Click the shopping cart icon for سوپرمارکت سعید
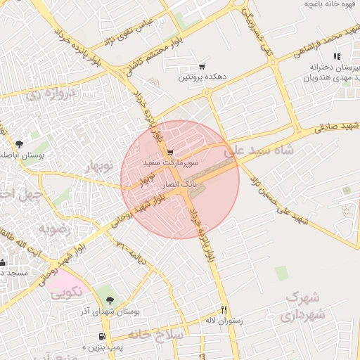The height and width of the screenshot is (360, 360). (x=170, y=152)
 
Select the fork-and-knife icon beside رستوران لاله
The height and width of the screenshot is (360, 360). (x=224, y=309)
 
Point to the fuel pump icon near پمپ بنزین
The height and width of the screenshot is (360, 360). (x=104, y=336)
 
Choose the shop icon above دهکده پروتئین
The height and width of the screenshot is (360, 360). (x=202, y=66)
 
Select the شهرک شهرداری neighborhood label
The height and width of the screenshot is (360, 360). (x=304, y=309)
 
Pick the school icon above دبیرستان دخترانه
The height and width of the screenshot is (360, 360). (x=337, y=56)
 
